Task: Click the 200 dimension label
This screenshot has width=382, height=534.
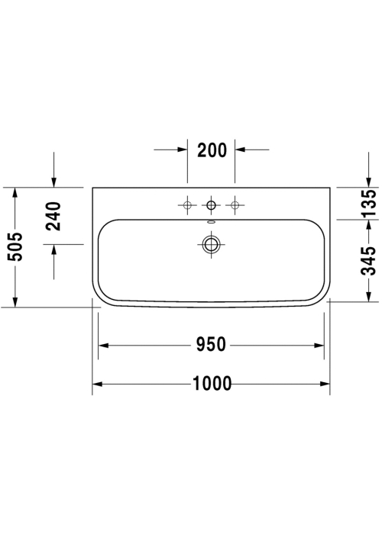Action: (x=212, y=150)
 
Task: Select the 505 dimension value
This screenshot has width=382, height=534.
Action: (x=15, y=247)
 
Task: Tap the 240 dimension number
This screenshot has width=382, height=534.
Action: (x=53, y=216)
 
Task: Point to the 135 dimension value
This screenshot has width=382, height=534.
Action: (x=369, y=204)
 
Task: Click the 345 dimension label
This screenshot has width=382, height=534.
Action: (x=369, y=261)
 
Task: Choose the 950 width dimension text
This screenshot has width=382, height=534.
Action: (x=211, y=344)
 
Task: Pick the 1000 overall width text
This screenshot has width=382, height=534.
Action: (x=212, y=384)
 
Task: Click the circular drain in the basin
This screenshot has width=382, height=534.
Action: (x=211, y=244)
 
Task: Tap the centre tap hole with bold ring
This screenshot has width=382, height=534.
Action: (x=211, y=205)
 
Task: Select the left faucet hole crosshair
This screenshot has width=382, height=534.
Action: (x=187, y=205)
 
